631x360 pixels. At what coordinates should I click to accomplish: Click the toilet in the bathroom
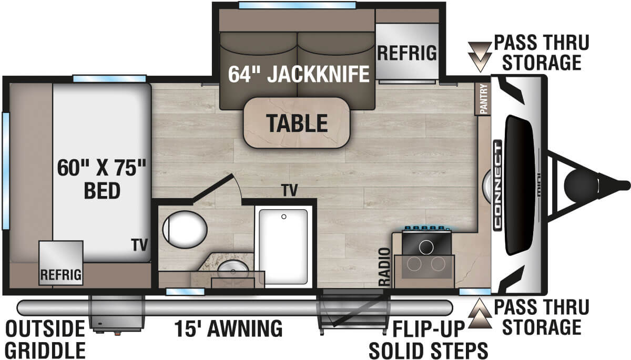click(184, 230)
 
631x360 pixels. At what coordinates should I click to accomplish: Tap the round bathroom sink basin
click(232, 272)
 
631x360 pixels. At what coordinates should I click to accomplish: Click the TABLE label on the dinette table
click(297, 123)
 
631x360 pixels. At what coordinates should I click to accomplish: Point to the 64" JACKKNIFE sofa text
click(299, 75)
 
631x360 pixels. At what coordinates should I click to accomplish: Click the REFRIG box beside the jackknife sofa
click(407, 53)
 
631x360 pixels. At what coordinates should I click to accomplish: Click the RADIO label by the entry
click(385, 267)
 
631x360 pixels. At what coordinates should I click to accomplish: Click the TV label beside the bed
click(140, 244)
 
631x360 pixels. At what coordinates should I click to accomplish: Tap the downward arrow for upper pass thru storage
click(480, 57)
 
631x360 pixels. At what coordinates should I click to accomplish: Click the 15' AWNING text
click(228, 329)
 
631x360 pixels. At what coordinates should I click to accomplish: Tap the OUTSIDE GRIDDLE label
click(45, 338)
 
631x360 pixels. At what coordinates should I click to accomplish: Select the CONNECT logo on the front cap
click(497, 184)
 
